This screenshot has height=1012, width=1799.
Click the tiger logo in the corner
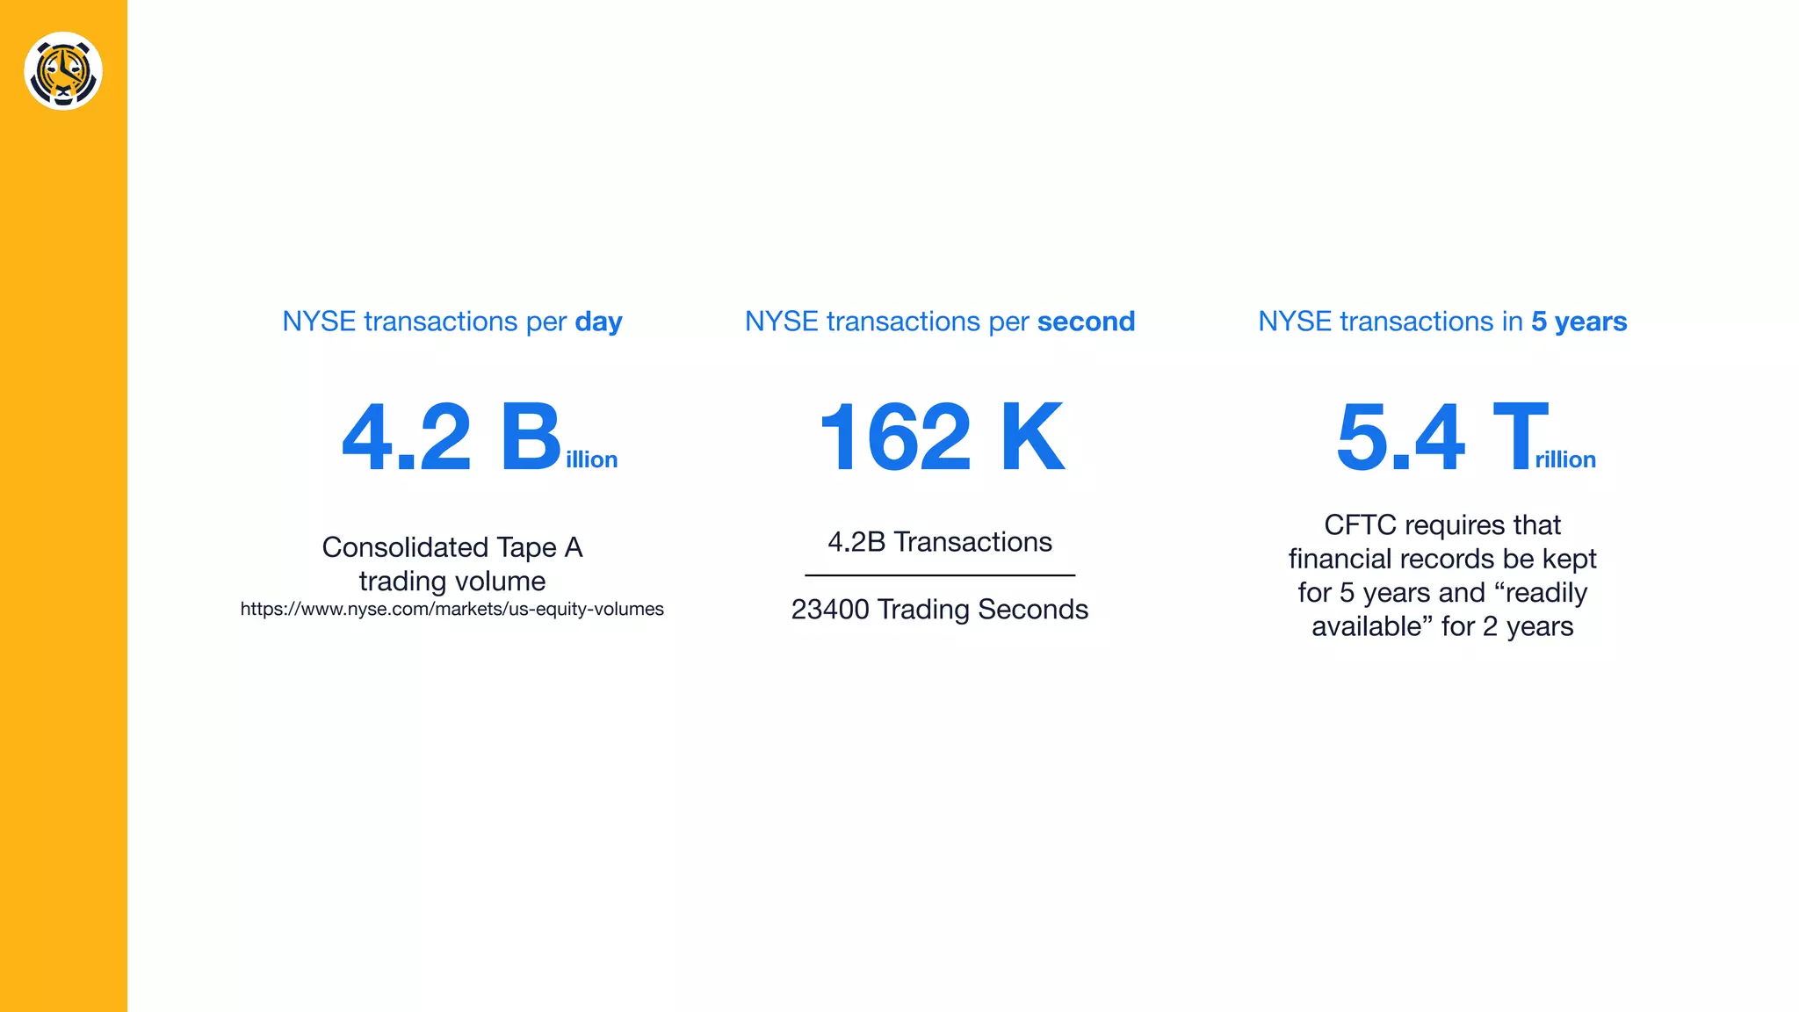(63, 71)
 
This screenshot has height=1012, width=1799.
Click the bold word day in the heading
(598, 322)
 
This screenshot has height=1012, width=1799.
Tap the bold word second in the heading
(1086, 322)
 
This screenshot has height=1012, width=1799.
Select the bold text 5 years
(1579, 322)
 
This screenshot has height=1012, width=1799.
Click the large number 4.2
(407, 437)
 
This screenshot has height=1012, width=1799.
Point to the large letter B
(530, 437)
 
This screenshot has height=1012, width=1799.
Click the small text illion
(591, 459)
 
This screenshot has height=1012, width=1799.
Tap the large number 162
(895, 437)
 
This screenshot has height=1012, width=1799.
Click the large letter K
(1032, 437)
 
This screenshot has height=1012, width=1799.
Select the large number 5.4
(1400, 437)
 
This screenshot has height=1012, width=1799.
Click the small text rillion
(1564, 459)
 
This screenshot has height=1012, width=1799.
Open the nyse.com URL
(452, 609)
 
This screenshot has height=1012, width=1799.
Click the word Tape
(526, 547)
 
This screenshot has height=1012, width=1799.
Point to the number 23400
(830, 610)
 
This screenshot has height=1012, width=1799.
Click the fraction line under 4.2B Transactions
(940, 575)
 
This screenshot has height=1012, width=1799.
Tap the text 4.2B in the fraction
(856, 542)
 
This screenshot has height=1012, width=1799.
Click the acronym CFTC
(1360, 525)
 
